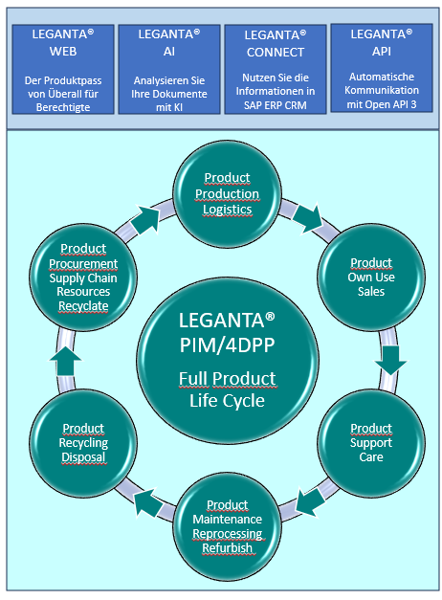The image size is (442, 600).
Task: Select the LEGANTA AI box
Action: click(168, 70)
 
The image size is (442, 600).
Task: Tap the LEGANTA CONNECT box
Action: click(274, 70)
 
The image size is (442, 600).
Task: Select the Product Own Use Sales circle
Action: click(370, 277)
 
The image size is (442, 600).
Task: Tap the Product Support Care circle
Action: click(370, 442)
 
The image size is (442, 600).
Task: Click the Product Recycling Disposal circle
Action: click(84, 442)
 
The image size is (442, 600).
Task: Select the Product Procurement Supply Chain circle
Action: click(83, 278)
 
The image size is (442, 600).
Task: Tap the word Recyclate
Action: click(82, 305)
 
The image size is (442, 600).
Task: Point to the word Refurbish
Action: click(228, 548)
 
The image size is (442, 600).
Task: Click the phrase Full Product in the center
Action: click(227, 378)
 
